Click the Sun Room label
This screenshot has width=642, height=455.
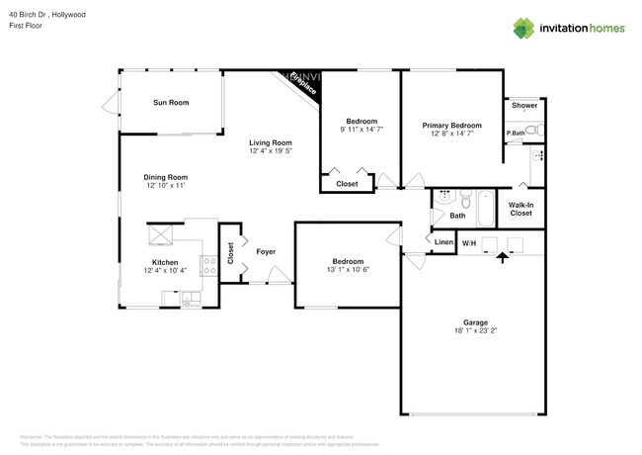click(x=171, y=103)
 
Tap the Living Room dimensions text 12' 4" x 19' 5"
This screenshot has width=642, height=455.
click(x=270, y=151)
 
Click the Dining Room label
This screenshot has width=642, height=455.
click(x=165, y=177)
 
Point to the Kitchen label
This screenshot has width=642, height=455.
click(x=164, y=261)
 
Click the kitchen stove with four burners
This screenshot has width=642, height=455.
click(x=209, y=264)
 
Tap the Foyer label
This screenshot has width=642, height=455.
click(x=266, y=251)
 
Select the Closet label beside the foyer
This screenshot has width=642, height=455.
click(x=230, y=255)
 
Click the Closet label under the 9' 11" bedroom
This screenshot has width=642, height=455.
click(x=347, y=184)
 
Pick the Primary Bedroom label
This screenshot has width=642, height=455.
click(x=451, y=126)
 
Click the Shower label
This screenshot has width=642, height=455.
click(x=524, y=105)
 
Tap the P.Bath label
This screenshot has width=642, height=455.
click(x=515, y=133)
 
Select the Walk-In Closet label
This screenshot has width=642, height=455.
click(x=521, y=209)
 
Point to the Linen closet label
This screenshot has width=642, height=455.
click(x=443, y=242)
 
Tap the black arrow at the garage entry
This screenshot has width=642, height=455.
click(x=502, y=256)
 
